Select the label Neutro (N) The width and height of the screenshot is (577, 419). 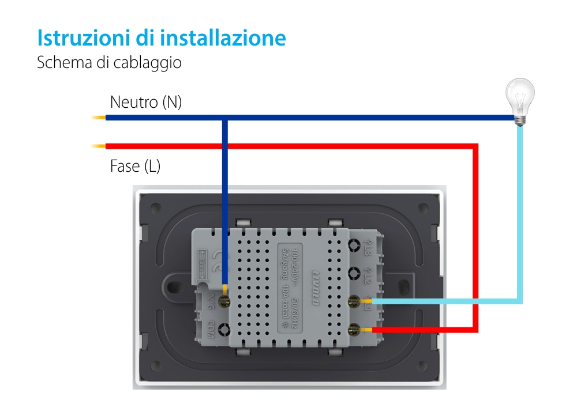tap(145, 103)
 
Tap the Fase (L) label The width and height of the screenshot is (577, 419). tap(135, 167)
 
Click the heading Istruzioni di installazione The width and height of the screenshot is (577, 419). tap(162, 37)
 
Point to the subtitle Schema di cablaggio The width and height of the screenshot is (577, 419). tap(109, 62)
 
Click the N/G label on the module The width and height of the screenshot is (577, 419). tap(211, 301)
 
